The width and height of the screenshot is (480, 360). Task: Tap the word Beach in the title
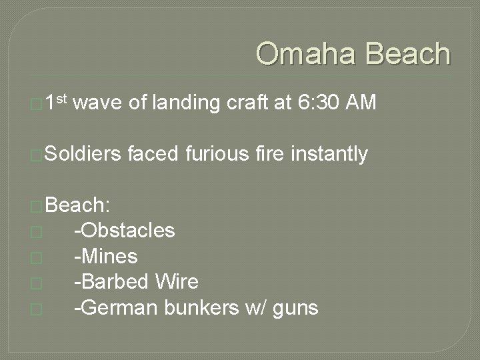406,54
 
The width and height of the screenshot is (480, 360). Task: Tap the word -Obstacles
125,231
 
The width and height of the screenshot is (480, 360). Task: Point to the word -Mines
106,257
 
